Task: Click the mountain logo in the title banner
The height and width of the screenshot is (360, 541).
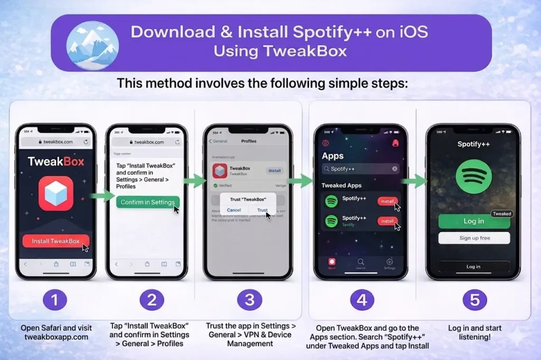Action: (92, 45)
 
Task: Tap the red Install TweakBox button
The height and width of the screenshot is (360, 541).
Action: (55, 241)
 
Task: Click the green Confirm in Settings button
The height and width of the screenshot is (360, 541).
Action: (147, 202)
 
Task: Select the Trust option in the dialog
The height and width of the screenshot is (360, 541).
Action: (263, 210)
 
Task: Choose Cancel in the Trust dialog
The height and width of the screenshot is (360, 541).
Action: (234, 210)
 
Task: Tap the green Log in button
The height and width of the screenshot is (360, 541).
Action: (473, 221)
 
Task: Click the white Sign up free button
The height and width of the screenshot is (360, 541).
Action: (474, 238)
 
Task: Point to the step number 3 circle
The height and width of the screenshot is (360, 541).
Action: (249, 300)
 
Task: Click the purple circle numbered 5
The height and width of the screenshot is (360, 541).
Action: (474, 300)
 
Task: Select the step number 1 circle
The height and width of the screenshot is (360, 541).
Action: (55, 300)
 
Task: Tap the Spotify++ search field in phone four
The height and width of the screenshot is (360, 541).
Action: (361, 169)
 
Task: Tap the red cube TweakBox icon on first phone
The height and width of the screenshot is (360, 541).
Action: (56, 194)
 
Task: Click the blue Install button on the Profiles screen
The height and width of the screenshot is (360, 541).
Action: (275, 170)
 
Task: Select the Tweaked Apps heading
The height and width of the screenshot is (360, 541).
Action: (341, 185)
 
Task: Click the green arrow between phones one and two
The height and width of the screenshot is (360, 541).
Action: (102, 196)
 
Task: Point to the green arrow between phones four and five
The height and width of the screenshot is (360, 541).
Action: (415, 182)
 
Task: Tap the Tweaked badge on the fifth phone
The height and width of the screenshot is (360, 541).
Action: (501, 214)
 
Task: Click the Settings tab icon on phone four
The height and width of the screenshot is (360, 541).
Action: (389, 262)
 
